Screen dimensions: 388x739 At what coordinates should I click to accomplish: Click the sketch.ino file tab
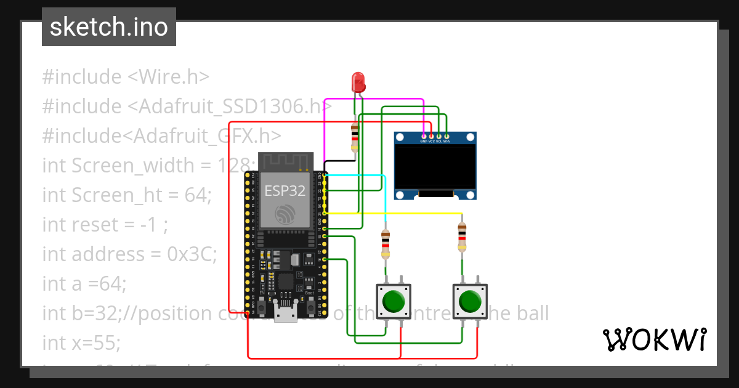coord(108,27)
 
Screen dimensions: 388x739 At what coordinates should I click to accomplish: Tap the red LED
coord(358,83)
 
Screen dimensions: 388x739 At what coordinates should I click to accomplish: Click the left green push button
coord(394,302)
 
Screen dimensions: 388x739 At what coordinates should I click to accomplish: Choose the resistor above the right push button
coord(462,237)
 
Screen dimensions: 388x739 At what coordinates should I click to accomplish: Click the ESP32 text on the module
coord(285,190)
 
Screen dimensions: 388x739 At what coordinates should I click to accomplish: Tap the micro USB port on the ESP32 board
coord(285,316)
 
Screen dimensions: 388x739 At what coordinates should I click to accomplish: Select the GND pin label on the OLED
coord(424,142)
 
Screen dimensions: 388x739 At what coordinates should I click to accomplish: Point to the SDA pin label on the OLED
coord(446,142)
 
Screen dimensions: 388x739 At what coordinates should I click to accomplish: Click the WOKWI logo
coord(654,339)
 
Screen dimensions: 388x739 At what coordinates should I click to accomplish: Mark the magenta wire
coord(376,99)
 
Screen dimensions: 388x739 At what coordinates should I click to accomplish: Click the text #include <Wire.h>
coord(126,77)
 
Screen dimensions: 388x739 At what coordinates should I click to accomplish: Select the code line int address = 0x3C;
coord(129,254)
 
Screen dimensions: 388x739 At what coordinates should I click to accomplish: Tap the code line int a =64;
coord(84,283)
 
